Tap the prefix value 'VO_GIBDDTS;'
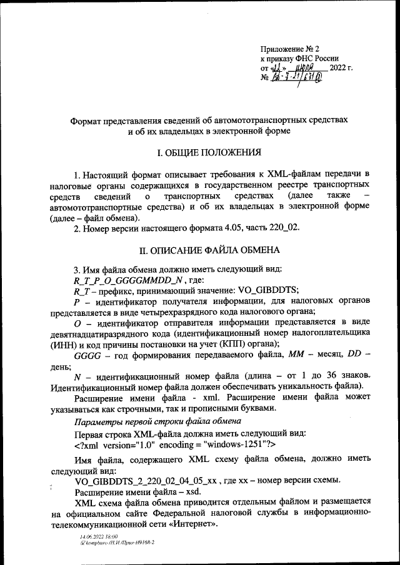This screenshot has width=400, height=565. (266, 291)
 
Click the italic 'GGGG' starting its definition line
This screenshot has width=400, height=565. (86, 355)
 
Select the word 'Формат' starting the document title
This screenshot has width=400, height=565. (87, 119)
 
